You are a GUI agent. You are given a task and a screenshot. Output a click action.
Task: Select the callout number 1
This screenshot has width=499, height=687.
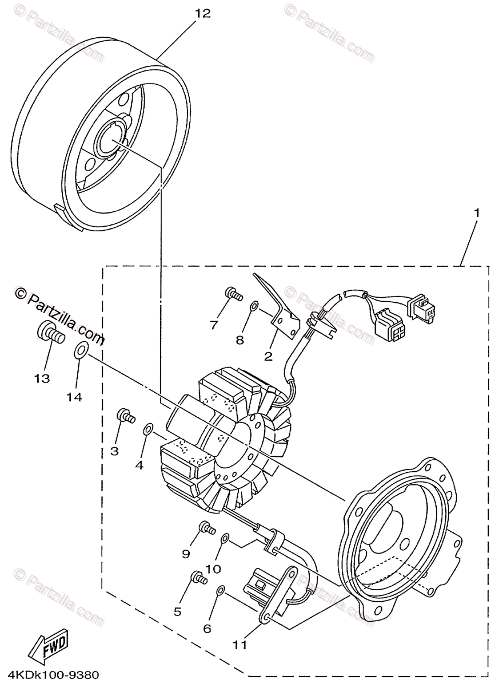(476, 212)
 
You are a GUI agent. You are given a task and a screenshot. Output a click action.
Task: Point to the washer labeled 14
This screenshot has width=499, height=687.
(81, 349)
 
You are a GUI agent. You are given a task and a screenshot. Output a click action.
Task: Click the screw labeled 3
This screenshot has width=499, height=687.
(125, 416)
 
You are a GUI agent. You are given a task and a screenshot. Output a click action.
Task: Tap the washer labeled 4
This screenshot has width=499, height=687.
(147, 429)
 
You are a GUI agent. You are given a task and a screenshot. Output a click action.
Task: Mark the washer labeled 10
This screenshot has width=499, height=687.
(225, 538)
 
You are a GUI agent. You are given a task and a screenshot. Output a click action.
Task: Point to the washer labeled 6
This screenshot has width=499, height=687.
(221, 590)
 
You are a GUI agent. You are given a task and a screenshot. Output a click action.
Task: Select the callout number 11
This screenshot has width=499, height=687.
(240, 644)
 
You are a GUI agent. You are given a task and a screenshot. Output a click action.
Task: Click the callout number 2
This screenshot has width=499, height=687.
(268, 356)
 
